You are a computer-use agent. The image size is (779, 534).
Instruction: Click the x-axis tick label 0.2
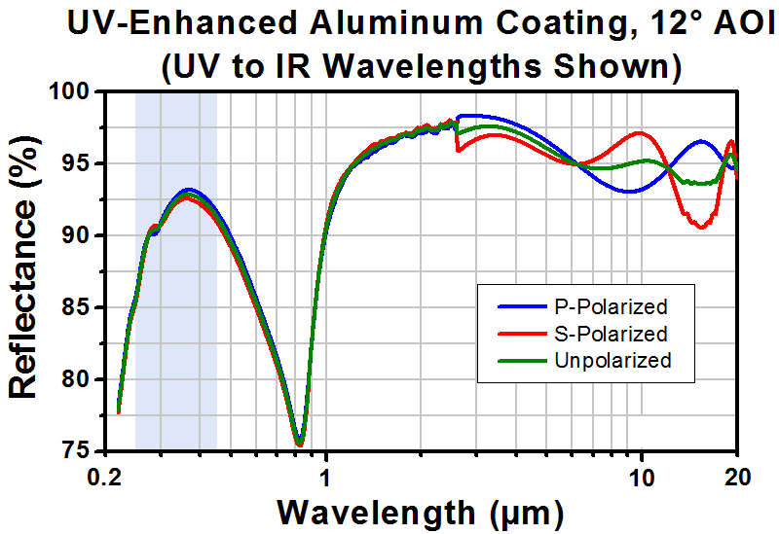106,478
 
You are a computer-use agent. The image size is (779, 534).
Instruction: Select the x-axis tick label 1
325,478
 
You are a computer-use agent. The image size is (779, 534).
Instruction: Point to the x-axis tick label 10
642,478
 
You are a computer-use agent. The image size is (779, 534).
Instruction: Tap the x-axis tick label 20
737,478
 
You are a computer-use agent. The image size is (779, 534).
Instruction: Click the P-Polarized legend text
611,307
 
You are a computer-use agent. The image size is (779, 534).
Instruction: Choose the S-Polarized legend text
611,334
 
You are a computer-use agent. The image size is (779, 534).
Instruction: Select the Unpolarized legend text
612,360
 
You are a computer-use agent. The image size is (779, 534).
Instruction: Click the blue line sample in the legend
522,307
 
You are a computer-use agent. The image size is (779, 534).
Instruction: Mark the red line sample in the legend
522,334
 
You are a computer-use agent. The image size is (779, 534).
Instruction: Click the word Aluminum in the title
395,22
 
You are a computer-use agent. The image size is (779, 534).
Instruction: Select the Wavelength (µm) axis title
421,513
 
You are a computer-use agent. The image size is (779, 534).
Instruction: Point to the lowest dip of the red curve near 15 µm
701,228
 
